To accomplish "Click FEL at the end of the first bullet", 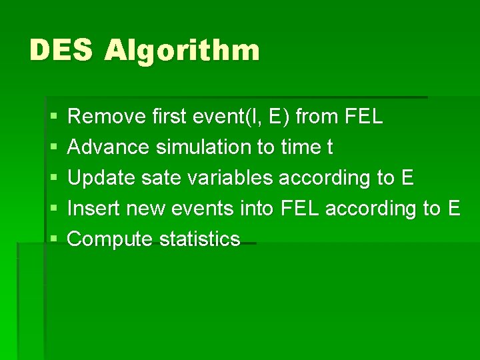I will pyautogui.click(x=365, y=117).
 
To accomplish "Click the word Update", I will pyautogui.click(x=98, y=179).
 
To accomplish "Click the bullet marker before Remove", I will pyautogui.click(x=52, y=118).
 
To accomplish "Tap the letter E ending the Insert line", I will pyautogui.click(x=453, y=209).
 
